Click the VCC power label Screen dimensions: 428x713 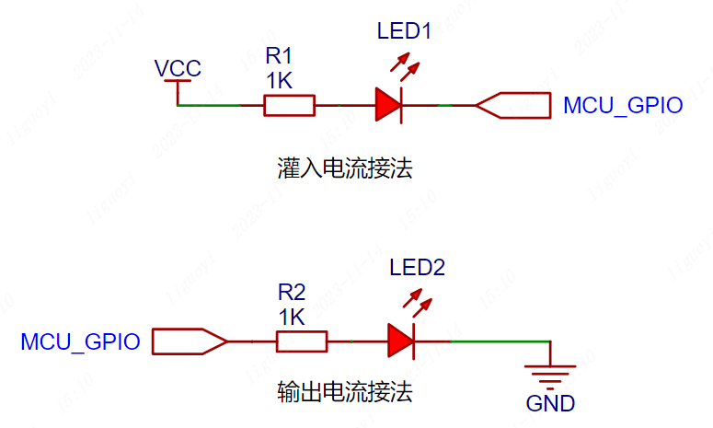[x=178, y=68]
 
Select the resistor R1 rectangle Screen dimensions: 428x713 [x=289, y=106]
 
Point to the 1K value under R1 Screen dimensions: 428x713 [x=279, y=81]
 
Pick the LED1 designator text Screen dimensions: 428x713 [x=404, y=30]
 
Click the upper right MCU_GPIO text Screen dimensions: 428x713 [x=623, y=106]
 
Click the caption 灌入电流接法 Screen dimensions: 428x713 [x=343, y=169]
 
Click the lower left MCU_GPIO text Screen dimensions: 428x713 [x=80, y=342]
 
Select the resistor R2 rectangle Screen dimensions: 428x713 [x=302, y=341]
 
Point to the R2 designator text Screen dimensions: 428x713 [x=292, y=294]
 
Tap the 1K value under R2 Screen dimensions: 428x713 [x=292, y=317]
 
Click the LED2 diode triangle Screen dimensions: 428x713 [x=401, y=341]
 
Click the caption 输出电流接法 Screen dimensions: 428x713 [x=344, y=393]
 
